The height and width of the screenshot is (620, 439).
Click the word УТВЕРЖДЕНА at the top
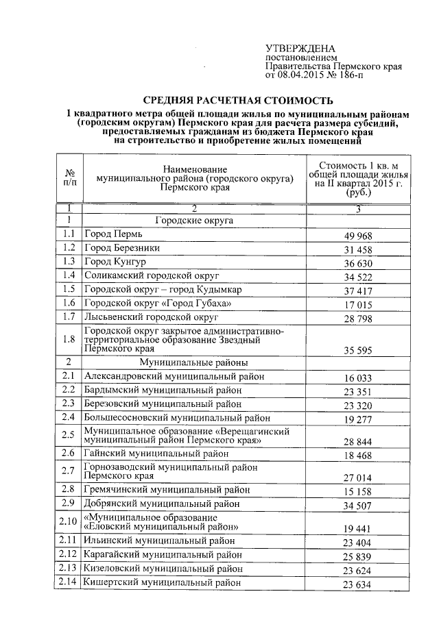coord(300,49)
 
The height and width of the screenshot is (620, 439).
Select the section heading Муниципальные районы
coord(193,362)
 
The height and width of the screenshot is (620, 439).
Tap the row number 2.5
coord(69,435)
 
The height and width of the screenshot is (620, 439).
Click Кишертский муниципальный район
coord(162,583)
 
